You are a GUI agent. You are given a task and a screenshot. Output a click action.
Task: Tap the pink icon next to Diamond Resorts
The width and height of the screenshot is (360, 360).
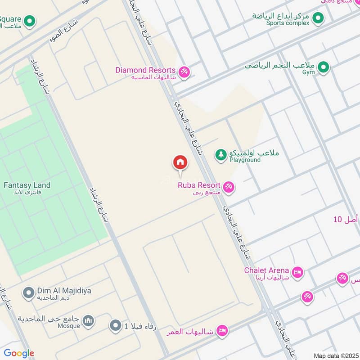click(184, 72)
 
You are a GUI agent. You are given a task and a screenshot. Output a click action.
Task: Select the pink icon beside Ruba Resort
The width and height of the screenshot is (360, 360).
click(229, 187)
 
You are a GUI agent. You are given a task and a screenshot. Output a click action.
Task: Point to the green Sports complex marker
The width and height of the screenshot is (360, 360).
click(318, 18)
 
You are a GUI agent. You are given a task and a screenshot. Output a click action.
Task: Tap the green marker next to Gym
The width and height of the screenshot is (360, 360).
click(323, 68)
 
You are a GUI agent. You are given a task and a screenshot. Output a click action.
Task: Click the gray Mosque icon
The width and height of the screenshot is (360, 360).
click(89, 321)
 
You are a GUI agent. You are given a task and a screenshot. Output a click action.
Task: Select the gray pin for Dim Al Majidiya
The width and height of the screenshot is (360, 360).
click(28, 293)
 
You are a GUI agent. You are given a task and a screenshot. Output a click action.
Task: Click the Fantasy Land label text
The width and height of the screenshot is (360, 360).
click(27, 185)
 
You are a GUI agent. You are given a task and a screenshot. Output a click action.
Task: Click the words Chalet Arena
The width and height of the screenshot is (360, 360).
click(266, 270)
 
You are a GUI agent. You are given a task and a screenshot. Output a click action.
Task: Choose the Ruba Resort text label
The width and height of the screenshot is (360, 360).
click(199, 185)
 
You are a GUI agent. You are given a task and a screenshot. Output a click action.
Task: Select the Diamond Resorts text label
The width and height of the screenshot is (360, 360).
click(145, 70)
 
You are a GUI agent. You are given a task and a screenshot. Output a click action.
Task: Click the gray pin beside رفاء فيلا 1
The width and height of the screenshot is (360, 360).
click(116, 325)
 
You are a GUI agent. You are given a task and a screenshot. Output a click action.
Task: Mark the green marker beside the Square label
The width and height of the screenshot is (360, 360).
click(30, 20)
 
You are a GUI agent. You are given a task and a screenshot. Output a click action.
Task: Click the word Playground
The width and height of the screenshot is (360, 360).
click(245, 160)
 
